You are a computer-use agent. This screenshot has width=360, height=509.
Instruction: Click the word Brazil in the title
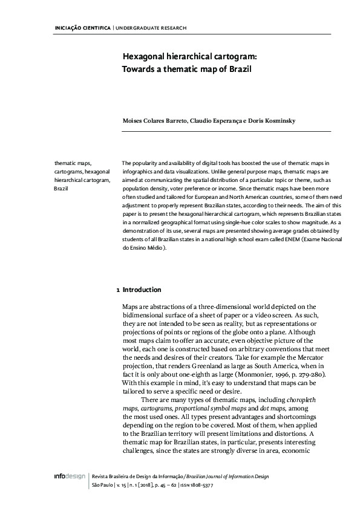click(238, 69)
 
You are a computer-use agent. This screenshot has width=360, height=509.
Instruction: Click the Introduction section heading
click(142, 290)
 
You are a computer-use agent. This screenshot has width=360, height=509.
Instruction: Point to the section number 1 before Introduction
click(117, 290)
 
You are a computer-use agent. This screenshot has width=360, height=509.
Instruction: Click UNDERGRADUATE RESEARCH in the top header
click(151, 28)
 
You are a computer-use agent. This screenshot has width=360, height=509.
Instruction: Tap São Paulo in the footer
click(99, 485)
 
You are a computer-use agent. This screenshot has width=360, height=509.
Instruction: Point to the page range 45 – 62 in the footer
click(163, 485)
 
